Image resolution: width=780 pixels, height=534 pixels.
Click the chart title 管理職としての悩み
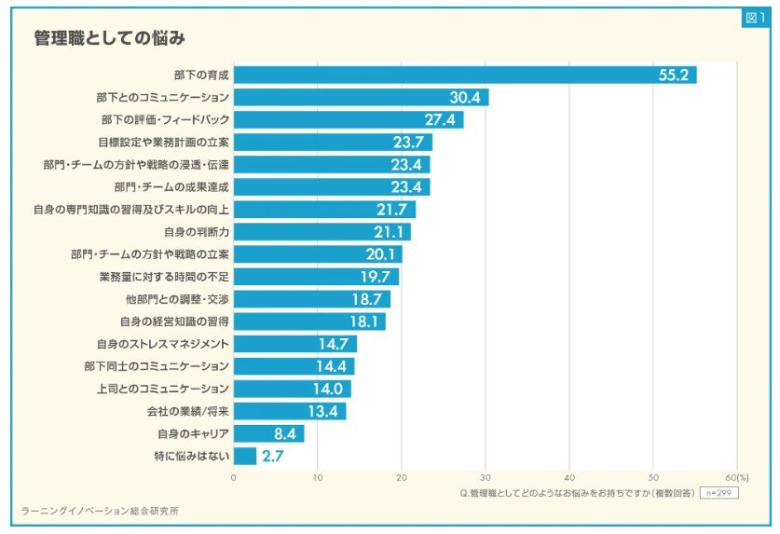coord(109,38)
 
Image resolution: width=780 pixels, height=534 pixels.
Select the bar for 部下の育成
coord(464,75)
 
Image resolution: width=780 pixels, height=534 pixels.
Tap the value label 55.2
coord(672,75)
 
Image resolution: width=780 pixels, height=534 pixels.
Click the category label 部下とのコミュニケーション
coord(163,98)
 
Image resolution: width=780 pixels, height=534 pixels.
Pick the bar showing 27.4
coord(348,120)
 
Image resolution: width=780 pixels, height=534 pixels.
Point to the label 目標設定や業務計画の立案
coord(163,143)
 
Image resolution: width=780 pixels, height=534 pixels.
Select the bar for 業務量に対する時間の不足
coord(316,277)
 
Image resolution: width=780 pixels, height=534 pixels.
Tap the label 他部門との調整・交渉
coord(177,299)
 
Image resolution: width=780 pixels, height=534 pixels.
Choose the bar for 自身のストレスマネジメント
coord(294,344)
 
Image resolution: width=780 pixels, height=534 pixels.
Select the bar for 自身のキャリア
coord(268,433)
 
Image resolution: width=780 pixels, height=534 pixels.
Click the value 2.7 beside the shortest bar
coord(273,456)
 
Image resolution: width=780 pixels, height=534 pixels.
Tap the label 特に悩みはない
coord(191,456)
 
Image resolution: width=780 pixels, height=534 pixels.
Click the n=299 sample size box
coord(718,491)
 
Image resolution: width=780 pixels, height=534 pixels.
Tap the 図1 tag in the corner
coord(754,18)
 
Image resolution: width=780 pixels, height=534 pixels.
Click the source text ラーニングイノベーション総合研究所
coord(100,511)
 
